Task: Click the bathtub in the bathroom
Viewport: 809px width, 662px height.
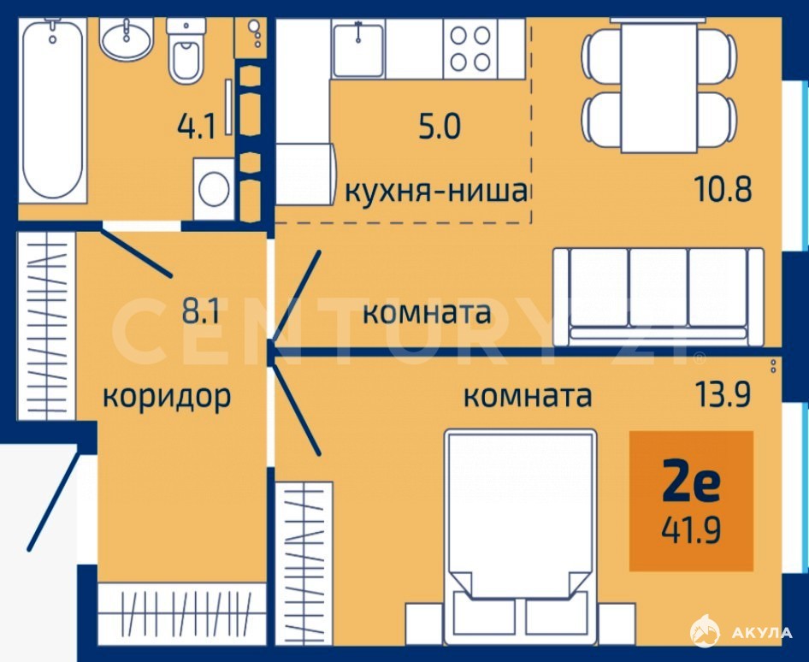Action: tap(52, 109)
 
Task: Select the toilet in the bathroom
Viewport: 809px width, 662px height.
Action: tap(186, 50)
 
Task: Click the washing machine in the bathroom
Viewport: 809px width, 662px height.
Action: tap(214, 189)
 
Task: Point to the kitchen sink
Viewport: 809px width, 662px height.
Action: tap(358, 49)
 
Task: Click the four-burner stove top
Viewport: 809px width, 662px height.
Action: tap(470, 49)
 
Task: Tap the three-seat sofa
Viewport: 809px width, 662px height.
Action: tap(658, 297)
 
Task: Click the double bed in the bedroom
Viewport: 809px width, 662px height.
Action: tap(520, 536)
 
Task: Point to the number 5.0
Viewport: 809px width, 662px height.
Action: tap(439, 127)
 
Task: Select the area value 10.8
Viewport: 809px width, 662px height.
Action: tap(723, 189)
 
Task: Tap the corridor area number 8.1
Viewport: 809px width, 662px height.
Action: tap(201, 310)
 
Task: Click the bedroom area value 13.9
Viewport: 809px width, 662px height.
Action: tap(722, 395)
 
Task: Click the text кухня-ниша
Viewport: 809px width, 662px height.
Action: tap(436, 192)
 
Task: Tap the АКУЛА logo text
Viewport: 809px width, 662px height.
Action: tap(761, 633)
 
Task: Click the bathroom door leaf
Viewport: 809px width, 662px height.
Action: tap(135, 251)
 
